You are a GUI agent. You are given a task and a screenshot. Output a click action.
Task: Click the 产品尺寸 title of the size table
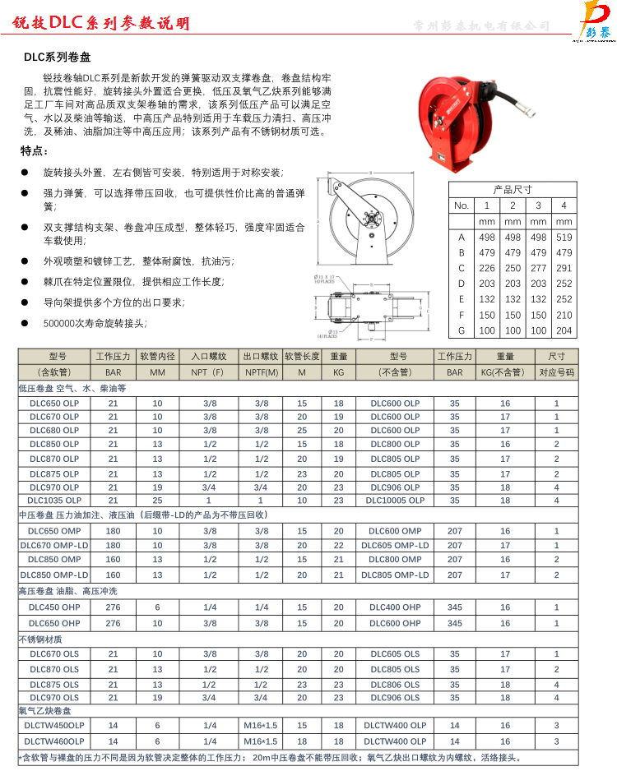[512, 189]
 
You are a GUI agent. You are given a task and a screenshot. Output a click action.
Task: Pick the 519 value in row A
[564, 237]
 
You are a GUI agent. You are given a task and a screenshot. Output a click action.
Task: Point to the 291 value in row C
[564, 268]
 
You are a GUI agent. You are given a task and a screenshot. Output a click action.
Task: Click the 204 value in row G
[564, 330]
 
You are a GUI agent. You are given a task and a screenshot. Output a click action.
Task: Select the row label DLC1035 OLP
[54, 500]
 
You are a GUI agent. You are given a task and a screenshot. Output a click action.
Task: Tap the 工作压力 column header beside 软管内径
[113, 357]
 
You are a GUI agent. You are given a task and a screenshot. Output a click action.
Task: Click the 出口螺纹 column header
[261, 357]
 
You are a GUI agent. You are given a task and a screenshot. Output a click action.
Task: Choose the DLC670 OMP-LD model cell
[54, 545]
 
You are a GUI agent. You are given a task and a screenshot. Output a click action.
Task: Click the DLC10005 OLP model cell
[395, 500]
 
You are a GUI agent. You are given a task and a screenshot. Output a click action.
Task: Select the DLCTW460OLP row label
[54, 741]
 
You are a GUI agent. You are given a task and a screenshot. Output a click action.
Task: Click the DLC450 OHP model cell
[54, 607]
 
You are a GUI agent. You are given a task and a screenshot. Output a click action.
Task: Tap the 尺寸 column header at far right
[557, 357]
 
